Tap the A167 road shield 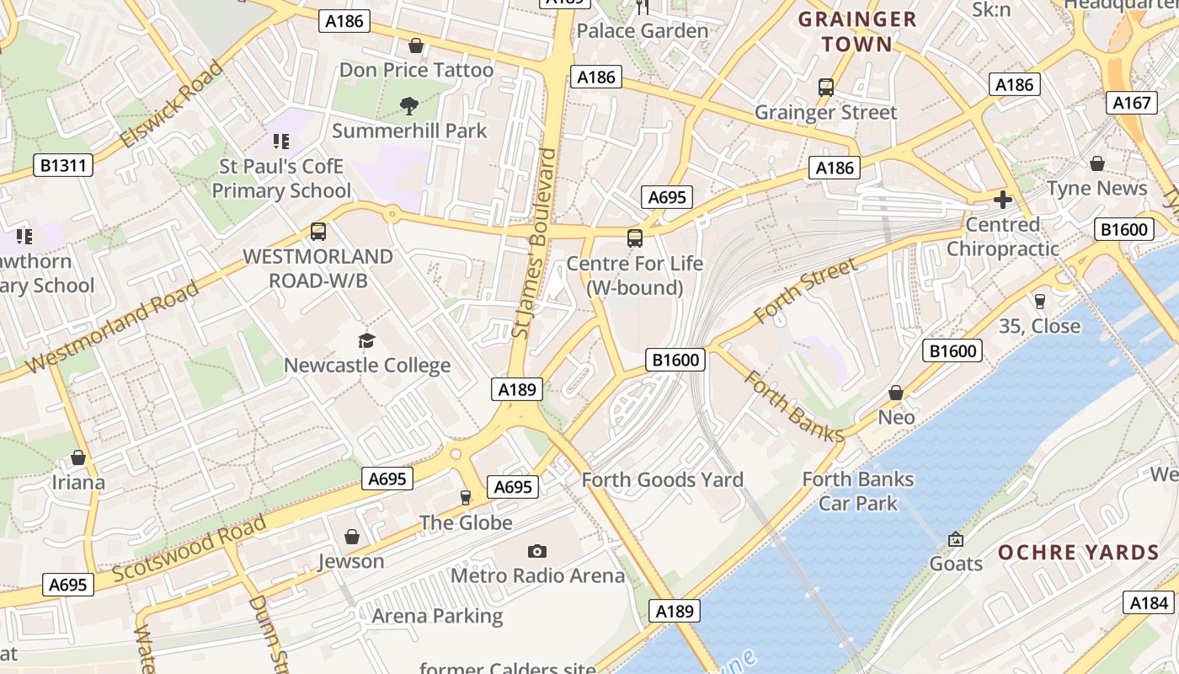1131,103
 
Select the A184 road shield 1149,602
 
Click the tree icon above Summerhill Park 409,105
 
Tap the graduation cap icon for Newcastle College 366,340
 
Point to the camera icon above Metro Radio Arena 537,551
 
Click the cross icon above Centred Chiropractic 1002,200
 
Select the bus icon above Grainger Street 825,87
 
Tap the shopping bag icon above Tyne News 1096,163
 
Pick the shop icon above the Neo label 896,393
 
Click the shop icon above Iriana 78,457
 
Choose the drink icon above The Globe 466,498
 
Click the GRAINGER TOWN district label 856,31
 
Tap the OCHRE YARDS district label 1079,553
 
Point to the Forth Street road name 806,292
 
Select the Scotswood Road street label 189,547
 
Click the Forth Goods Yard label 663,479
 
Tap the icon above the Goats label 955,538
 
